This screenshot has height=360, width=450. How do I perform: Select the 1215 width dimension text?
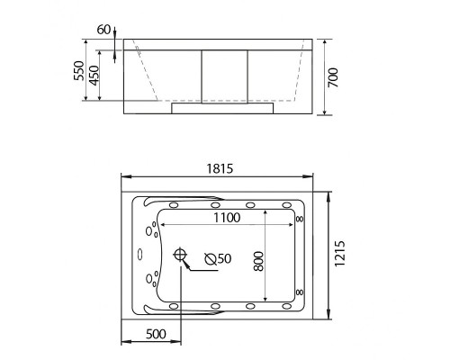[x=338, y=257]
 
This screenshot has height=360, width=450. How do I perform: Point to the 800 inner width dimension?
[x=257, y=258]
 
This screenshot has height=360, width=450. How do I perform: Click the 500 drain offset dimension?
[x=156, y=334]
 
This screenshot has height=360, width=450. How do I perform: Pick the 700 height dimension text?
[x=333, y=77]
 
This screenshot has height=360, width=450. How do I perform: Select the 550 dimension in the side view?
[x=79, y=71]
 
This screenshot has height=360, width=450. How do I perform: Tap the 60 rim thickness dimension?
[x=103, y=30]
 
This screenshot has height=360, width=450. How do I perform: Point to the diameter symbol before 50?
[x=210, y=258]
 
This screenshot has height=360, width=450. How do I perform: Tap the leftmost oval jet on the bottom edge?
[x=177, y=306]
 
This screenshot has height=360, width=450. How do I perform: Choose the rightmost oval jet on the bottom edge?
[x=286, y=306]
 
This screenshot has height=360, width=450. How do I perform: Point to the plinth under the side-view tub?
[x=221, y=108]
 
